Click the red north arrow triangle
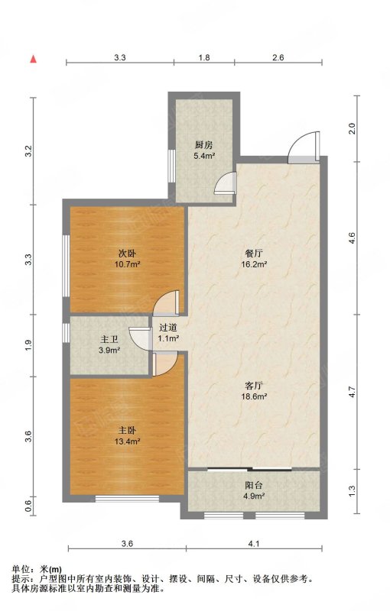click(34, 59)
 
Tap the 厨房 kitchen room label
click(204, 145)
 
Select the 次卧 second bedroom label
click(128, 254)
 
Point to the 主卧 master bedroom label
click(128, 431)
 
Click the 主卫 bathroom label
click(109, 340)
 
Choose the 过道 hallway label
click(168, 328)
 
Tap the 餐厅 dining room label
click(254, 254)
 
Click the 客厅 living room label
click(254, 386)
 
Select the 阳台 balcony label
click(254, 486)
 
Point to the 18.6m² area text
click(254, 396)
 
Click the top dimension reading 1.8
click(204, 58)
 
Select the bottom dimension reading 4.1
click(254, 544)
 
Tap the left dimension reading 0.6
click(28, 506)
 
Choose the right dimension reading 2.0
click(352, 128)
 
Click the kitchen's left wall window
click(171, 166)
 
